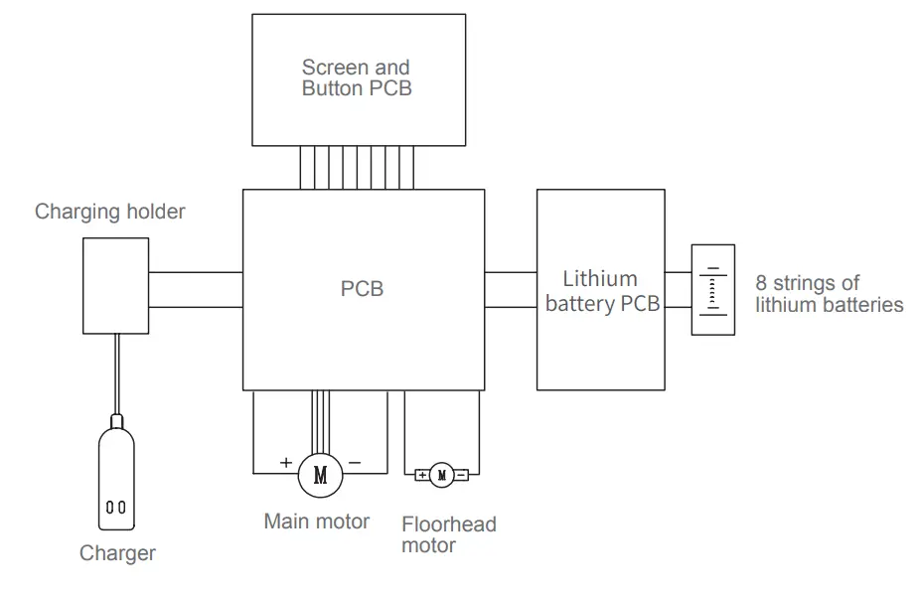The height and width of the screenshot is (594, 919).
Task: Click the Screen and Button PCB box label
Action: [357, 77]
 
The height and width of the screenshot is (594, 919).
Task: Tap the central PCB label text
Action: [363, 289]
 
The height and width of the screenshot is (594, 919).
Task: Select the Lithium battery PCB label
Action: [602, 291]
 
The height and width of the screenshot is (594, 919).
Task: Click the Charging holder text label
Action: [109, 212]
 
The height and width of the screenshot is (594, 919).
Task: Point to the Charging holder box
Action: [115, 286]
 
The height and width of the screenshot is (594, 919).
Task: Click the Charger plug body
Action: [116, 478]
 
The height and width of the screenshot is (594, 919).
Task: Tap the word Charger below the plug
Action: [117, 553]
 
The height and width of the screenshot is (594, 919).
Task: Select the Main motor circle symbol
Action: [320, 475]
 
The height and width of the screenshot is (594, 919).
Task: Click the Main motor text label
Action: [317, 521]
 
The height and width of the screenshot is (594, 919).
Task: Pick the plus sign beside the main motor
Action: [286, 463]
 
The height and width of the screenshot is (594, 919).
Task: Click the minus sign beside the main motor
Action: [355, 463]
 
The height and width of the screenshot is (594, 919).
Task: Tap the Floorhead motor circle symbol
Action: [442, 475]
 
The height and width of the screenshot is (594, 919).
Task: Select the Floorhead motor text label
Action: [449, 534]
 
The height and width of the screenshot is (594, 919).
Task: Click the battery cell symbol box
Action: [712, 290]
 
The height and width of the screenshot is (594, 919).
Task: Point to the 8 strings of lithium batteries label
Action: [829, 293]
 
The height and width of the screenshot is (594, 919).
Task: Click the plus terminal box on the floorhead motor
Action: [422, 475]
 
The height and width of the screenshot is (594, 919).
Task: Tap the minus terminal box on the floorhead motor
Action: [461, 475]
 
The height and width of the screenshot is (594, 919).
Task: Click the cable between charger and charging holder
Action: [116, 374]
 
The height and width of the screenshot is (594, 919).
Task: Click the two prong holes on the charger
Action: [115, 508]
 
